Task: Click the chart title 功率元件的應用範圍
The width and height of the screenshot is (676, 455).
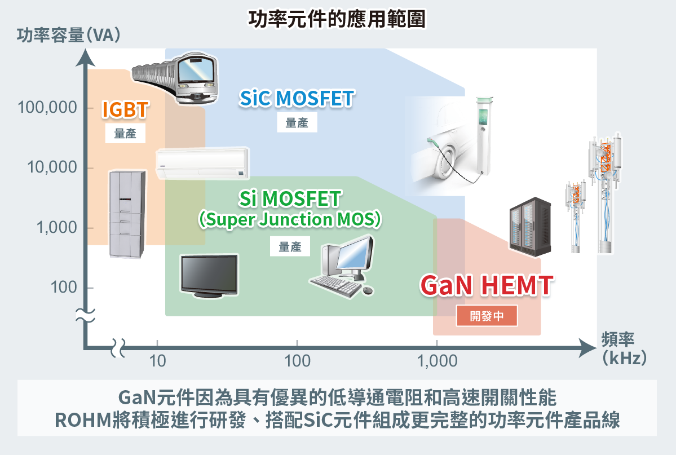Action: click(337, 19)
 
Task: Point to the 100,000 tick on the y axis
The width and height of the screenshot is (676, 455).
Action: click(48, 108)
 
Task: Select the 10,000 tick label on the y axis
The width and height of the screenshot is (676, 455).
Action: click(51, 167)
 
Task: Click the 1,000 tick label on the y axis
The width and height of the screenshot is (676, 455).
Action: click(55, 228)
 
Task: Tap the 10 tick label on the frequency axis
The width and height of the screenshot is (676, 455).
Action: click(158, 360)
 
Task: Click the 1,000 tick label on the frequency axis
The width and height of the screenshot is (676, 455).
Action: click(437, 360)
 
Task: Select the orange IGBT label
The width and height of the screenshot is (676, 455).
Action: click(125, 110)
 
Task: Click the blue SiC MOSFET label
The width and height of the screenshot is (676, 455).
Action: click(296, 98)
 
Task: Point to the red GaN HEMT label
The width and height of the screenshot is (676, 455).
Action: click(487, 286)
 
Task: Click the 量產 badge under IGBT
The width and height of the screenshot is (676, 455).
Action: click(125, 134)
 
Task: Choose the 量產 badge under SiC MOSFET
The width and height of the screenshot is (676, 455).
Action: click(297, 123)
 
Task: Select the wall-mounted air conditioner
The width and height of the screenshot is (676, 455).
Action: click(202, 162)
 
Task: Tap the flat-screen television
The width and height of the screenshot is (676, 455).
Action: click(209, 275)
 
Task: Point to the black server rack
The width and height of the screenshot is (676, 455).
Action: click(530, 227)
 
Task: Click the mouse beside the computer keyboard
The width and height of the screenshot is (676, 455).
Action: click(367, 290)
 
